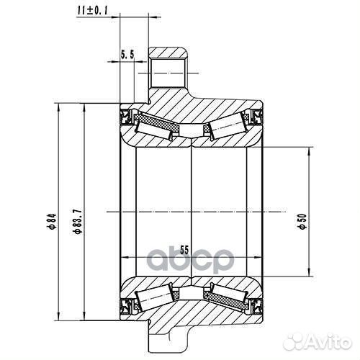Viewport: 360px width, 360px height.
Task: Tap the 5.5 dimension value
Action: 128,54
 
